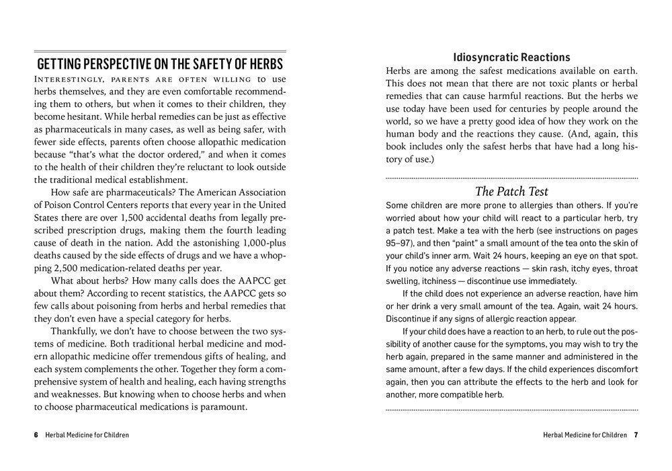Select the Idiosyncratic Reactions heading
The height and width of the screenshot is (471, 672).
511,57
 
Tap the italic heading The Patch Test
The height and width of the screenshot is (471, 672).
512,191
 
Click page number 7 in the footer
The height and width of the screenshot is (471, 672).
635,435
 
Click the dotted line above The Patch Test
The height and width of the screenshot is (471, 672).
511,178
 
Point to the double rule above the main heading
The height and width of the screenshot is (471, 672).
159,51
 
